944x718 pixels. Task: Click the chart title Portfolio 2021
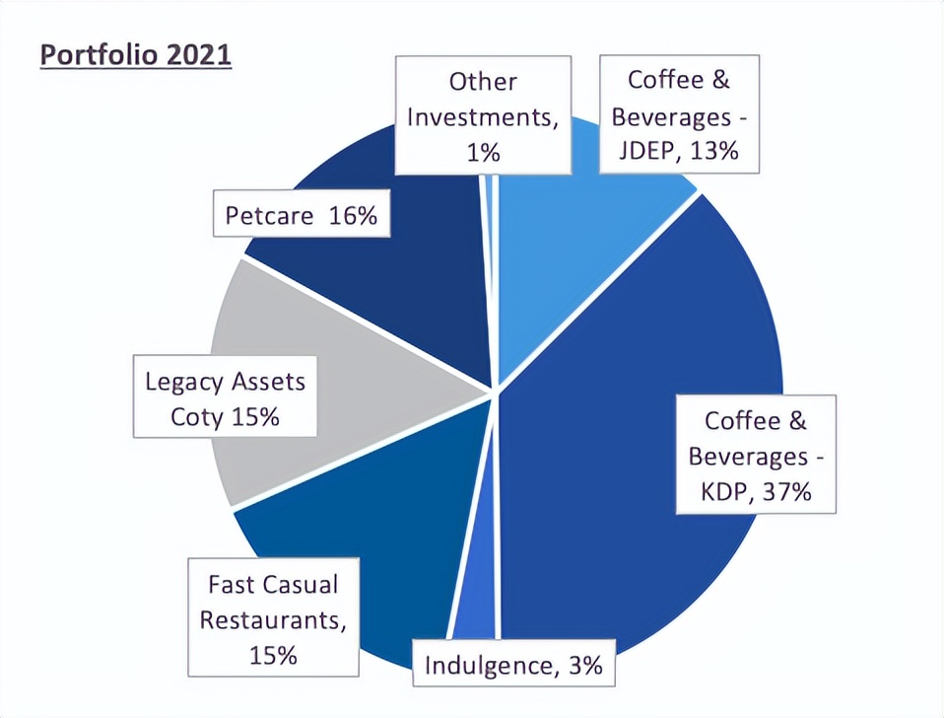tap(135, 53)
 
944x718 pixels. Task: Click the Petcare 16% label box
tap(302, 215)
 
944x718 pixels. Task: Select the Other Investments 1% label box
tap(483, 115)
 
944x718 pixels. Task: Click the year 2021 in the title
tap(196, 53)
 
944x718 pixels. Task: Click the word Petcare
tap(267, 215)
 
